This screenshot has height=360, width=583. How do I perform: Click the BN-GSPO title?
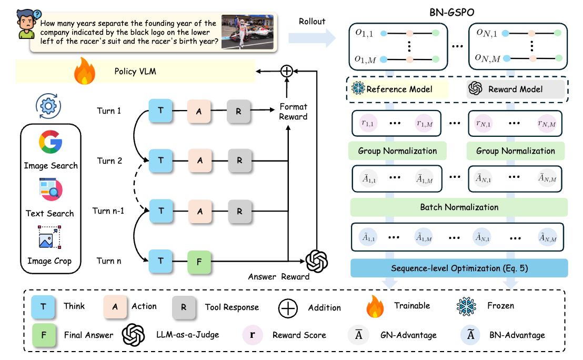[457, 11]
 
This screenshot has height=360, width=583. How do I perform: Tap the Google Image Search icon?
[51, 143]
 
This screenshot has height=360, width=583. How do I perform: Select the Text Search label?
[50, 213]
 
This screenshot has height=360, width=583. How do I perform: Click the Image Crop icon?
[50, 237]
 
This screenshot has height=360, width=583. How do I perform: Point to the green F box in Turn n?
[199, 261]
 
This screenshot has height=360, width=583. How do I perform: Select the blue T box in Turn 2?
[161, 161]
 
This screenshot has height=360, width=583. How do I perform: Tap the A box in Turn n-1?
[199, 211]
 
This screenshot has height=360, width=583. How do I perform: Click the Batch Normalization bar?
[459, 207]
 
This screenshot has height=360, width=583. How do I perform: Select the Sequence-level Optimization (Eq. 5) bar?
[459, 268]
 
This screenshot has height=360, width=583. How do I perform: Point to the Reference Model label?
[399, 89]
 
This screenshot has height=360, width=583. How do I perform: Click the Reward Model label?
[515, 89]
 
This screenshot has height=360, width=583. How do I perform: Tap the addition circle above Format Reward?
[287, 71]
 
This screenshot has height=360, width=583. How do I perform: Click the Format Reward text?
[293, 112]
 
